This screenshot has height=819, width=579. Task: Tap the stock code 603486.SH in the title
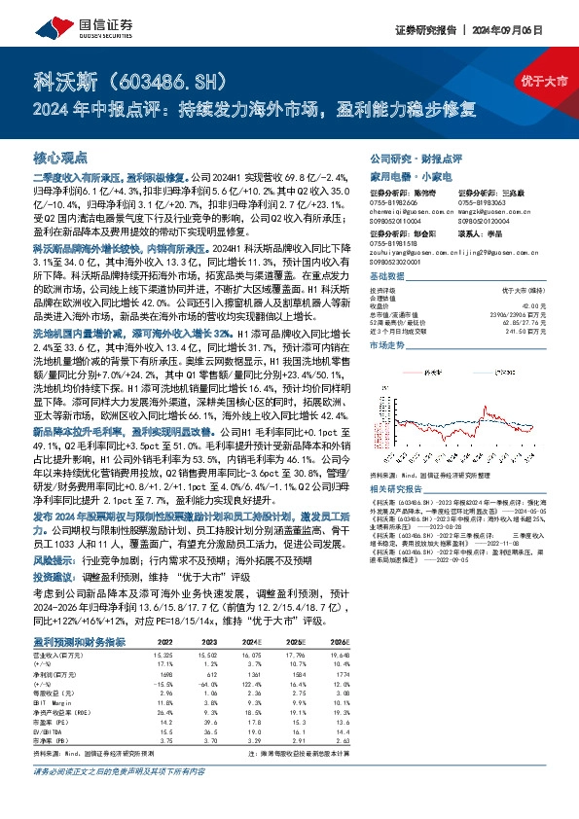161,79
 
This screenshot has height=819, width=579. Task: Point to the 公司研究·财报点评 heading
416,158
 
